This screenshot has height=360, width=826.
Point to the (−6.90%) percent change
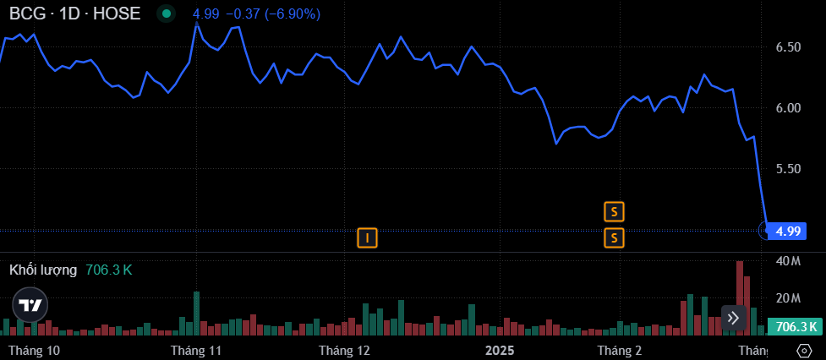(292, 14)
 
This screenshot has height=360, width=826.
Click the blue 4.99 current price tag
(788, 230)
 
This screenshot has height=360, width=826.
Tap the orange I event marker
(367, 238)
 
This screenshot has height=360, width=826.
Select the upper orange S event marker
(614, 210)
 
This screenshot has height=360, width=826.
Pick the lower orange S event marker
(614, 238)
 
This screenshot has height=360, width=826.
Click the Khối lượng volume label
(43, 270)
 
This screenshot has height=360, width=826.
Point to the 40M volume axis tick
(788, 261)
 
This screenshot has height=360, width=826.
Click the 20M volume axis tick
(788, 298)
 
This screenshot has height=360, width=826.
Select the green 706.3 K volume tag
(795, 327)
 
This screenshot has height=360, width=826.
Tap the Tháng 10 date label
(34, 350)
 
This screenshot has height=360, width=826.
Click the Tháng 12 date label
(345, 350)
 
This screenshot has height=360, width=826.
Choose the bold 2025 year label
(500, 350)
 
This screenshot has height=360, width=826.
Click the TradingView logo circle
(30, 305)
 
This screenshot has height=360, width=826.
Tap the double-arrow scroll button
(733, 318)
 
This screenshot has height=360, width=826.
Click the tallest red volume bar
(739, 296)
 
